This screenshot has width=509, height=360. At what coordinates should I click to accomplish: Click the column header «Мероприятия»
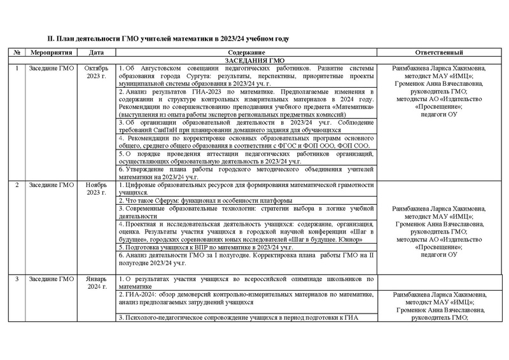[x=53, y=52]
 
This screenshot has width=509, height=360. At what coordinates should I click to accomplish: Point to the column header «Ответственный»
[x=438, y=52]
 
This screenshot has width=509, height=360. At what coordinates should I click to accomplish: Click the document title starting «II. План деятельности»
[x=164, y=38]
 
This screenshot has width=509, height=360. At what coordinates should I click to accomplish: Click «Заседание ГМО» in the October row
[x=53, y=68]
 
